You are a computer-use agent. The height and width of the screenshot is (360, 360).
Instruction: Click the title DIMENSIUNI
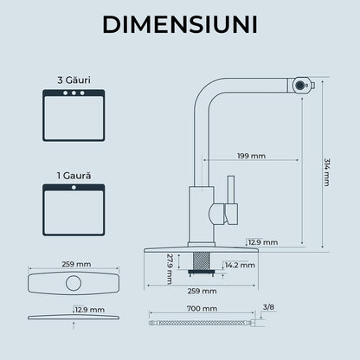coord(180,24)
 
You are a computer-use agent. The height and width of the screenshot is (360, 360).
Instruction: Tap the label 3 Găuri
coord(74,80)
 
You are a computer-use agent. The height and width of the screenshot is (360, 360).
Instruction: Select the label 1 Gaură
coord(74,176)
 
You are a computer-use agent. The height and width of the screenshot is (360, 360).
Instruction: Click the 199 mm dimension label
coord(251,156)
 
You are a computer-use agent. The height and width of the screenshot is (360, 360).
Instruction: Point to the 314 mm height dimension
coord(326,172)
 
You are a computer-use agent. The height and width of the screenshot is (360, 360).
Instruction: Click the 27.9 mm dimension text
coord(170,269)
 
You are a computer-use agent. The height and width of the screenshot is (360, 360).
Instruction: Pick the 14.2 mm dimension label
coord(240,265)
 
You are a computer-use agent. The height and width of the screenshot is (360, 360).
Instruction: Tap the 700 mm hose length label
coord(202,308)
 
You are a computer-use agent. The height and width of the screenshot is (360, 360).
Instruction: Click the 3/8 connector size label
coord(268,307)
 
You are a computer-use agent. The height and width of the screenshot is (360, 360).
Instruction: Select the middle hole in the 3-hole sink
coord(74,93)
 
